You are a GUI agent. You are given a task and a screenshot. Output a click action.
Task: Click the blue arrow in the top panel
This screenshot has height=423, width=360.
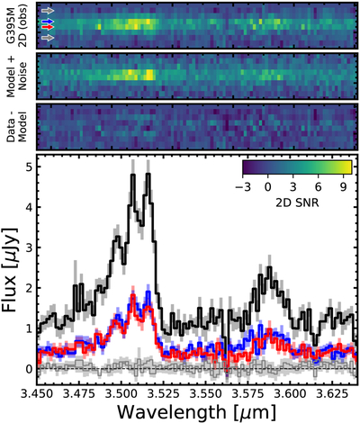48,22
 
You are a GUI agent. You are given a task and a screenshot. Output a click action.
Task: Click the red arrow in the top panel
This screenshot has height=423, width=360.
48,27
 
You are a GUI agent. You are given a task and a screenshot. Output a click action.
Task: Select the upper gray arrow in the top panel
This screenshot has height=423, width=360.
48,11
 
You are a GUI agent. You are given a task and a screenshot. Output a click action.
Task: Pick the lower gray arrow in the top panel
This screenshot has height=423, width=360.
48,38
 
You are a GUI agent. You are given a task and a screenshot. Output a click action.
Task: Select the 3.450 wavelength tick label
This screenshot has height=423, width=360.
37,392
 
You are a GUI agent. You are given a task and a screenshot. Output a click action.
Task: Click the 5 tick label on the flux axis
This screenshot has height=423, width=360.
29,166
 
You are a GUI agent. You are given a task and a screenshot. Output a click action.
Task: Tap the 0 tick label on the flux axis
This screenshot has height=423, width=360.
29,369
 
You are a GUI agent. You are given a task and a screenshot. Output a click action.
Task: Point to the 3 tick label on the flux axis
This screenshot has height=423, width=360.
29,247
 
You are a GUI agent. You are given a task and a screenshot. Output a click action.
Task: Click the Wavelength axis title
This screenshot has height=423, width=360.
196,412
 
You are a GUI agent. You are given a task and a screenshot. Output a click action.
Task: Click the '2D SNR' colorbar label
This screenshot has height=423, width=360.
297,203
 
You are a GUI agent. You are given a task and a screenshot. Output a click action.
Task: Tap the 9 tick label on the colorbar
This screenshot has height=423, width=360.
343,187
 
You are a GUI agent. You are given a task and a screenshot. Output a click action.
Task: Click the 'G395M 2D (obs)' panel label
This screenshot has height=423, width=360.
17,25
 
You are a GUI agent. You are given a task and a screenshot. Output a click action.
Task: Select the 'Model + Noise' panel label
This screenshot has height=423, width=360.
17,76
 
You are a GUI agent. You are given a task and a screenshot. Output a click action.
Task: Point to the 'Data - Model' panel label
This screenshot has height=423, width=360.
17,127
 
